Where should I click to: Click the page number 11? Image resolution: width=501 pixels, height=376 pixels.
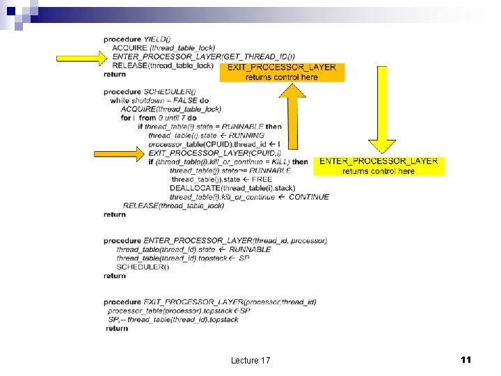466,359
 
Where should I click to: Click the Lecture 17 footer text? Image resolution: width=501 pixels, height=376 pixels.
250,360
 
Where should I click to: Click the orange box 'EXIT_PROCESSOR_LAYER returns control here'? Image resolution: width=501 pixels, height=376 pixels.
282,72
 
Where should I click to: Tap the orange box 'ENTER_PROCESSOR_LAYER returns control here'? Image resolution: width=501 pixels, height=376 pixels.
378,166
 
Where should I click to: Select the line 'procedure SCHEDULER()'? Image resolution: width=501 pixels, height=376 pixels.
150,92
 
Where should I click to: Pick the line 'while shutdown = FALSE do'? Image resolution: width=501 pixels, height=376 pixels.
159,101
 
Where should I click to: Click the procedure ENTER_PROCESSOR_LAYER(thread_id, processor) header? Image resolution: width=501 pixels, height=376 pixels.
215,240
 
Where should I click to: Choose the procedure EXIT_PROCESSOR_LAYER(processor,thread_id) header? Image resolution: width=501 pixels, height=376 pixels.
209,301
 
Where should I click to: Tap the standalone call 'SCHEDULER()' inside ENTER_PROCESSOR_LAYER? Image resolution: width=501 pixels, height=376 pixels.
143,267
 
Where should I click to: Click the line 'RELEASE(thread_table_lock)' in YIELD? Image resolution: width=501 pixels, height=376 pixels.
162,65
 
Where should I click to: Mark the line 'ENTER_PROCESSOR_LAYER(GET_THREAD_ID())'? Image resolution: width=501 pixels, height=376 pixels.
203,56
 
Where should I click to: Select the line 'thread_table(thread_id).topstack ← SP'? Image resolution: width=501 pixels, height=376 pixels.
183,258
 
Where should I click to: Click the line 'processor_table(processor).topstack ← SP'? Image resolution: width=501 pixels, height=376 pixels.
179,311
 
